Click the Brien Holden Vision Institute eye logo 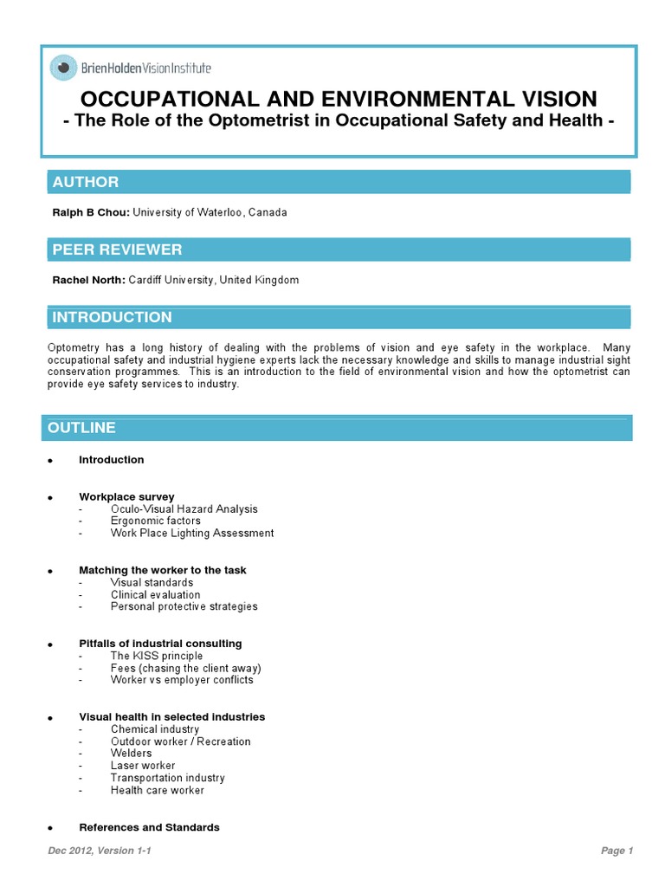tap(63, 67)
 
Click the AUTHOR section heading tap(86, 182)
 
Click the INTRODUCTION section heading tap(112, 317)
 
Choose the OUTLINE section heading tap(81, 428)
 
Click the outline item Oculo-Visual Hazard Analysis tap(184, 509)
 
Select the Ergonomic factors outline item tap(155, 521)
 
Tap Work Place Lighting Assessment tap(191, 534)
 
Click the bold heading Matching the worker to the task tap(162, 571)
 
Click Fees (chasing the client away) tap(185, 668)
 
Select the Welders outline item tap(131, 754)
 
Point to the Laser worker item tap(142, 766)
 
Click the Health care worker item tap(157, 790)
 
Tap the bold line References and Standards tap(149, 827)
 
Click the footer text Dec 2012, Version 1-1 tap(100, 851)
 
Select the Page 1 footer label tap(617, 851)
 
